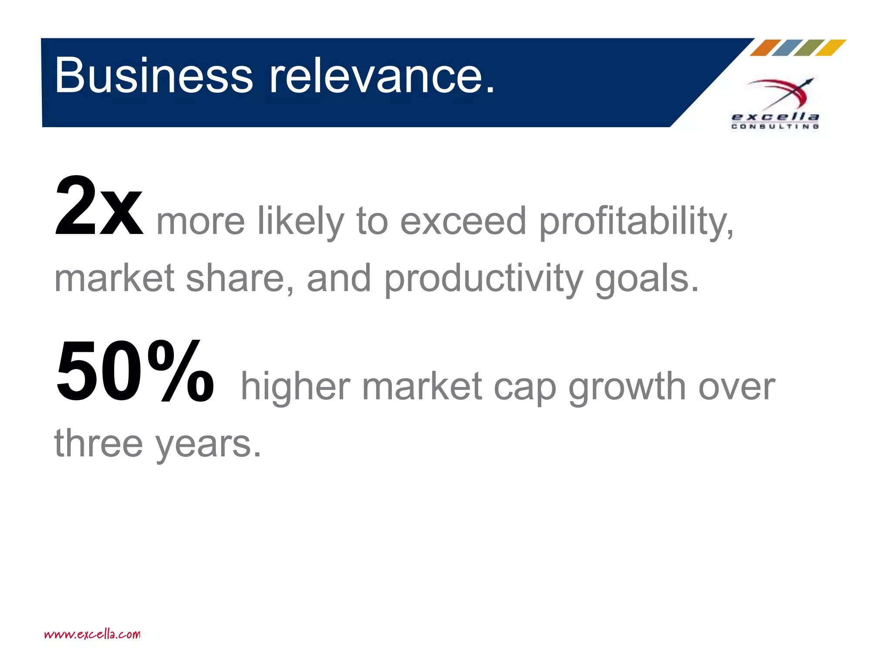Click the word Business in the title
tap(153, 75)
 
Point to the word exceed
tap(463, 221)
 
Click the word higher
tap(295, 386)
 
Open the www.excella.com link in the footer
tap(92, 634)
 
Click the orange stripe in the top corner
tap(765, 48)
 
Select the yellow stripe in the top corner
tap(831, 48)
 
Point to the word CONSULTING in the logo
tap(775, 126)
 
